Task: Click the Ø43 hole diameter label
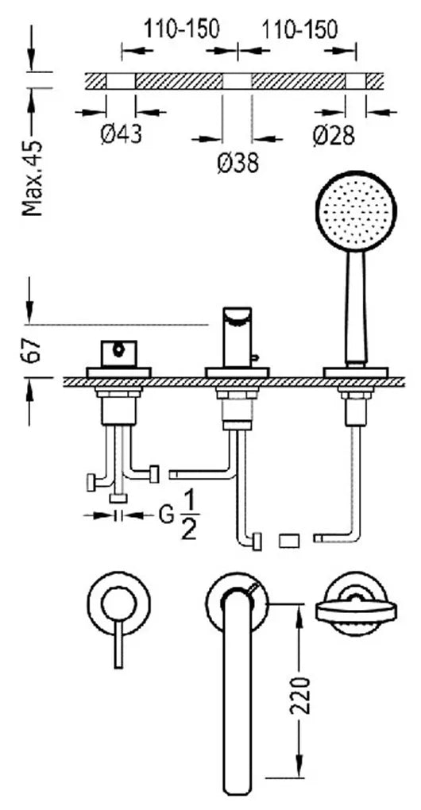tap(121, 135)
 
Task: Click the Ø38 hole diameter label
tap(238, 164)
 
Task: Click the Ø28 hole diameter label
tap(334, 135)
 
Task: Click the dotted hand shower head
tap(356, 210)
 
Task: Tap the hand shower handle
tap(356, 308)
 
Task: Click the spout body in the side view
tap(237, 337)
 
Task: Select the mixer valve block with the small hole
tap(119, 353)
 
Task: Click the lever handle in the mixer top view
tap(119, 644)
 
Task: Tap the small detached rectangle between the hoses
tap(289, 541)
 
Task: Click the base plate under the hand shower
tap(355, 372)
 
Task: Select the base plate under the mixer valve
tap(119, 372)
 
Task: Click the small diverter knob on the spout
tap(255, 357)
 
